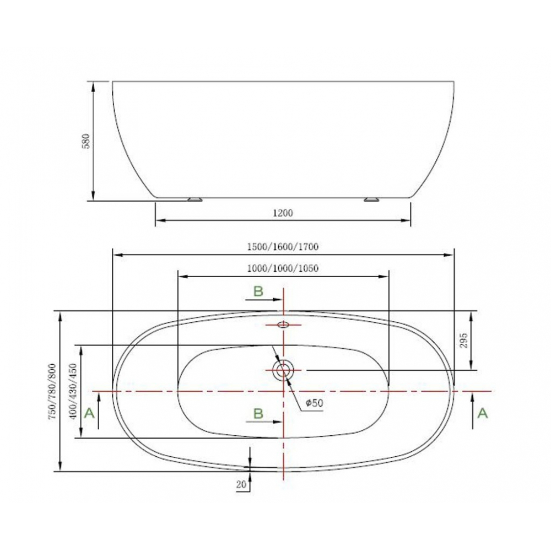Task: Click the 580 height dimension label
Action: (x=87, y=141)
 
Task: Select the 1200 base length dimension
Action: (x=283, y=213)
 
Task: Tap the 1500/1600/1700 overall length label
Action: (x=283, y=247)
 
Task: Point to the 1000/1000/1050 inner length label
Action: (x=283, y=268)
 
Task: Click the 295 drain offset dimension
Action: (x=464, y=341)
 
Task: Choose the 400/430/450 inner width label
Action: (x=73, y=391)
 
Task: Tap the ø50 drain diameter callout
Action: (x=314, y=403)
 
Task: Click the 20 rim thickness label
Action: (x=241, y=484)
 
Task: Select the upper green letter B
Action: (x=258, y=291)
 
